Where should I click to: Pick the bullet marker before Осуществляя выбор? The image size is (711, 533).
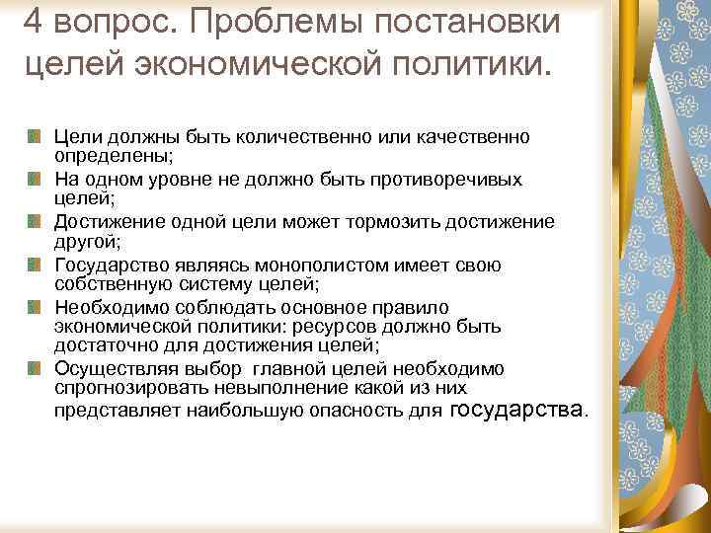(35, 369)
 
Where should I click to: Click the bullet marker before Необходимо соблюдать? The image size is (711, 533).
(35, 307)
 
